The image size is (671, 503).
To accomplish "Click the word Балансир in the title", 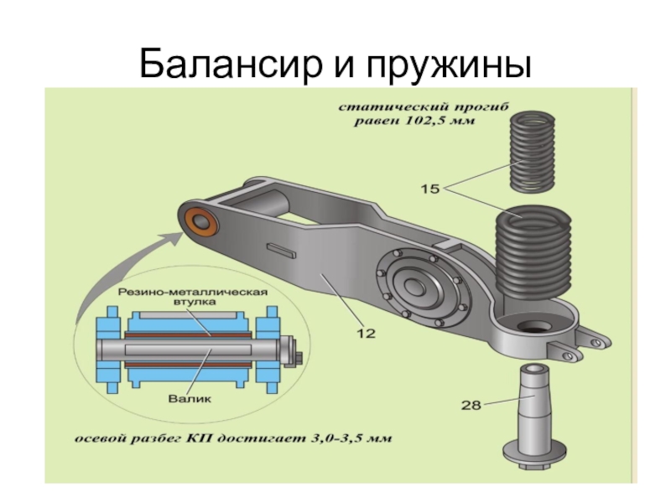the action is pyautogui.click(x=230, y=65).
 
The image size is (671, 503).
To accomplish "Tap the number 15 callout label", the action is pyautogui.click(x=430, y=189).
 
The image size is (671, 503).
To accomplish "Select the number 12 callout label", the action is pyautogui.click(x=366, y=333).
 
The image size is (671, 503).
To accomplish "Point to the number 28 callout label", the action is pyautogui.click(x=471, y=405).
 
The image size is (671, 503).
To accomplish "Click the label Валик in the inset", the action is pyautogui.click(x=190, y=399).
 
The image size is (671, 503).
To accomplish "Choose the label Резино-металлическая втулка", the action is pyautogui.click(x=193, y=297).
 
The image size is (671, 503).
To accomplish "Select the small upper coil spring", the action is pyautogui.click(x=532, y=151).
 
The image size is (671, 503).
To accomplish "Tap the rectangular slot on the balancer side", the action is pyautogui.click(x=281, y=250).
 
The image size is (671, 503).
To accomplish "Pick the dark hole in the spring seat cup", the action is pyautogui.click(x=534, y=327).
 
